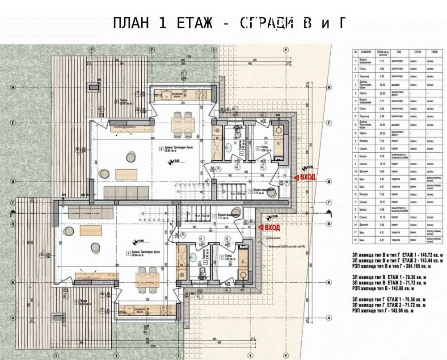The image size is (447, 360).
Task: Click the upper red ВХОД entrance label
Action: (307, 177)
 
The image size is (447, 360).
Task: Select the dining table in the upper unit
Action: (183, 122)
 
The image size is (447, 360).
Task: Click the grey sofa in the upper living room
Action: (126, 193)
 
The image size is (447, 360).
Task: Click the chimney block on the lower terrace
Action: (59, 318)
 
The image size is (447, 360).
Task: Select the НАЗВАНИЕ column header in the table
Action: (366, 52)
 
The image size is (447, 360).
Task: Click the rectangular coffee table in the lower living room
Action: (88, 230)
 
